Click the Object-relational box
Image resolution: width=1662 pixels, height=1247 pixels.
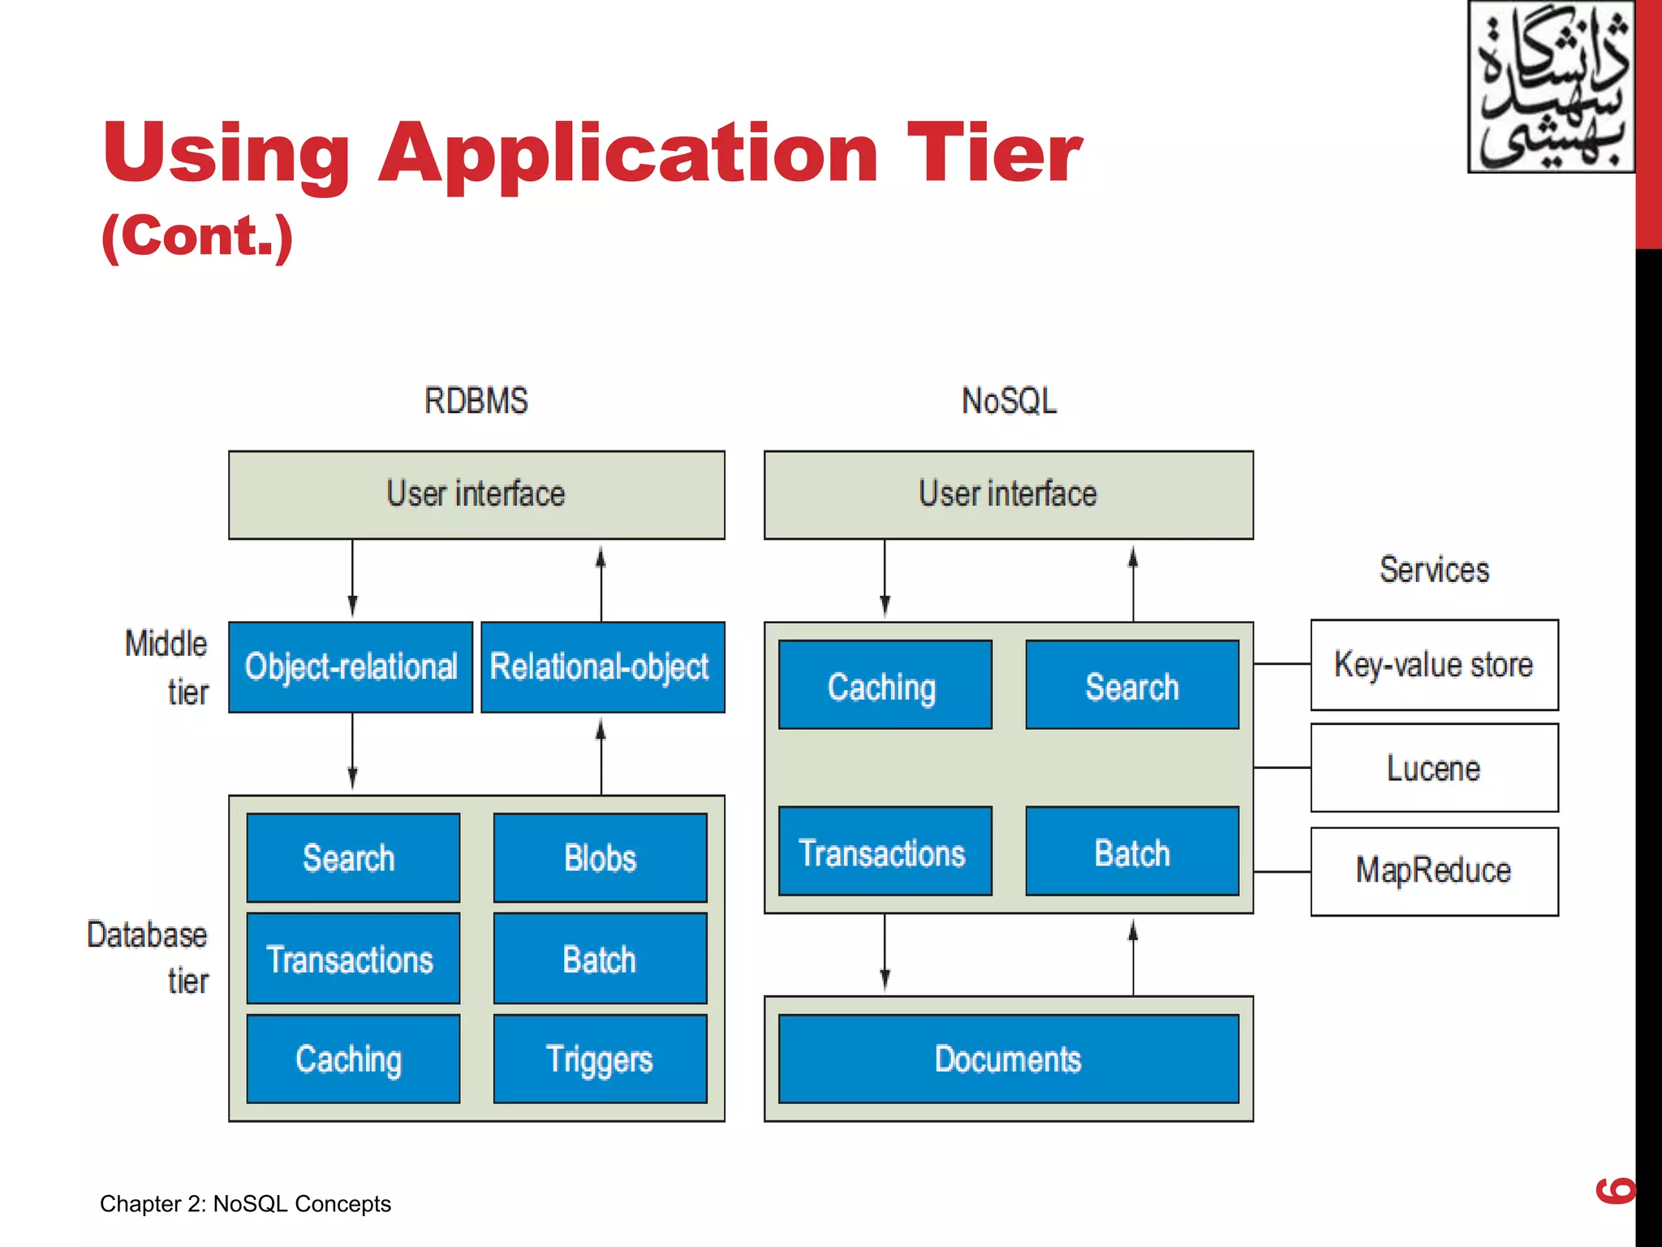(351, 667)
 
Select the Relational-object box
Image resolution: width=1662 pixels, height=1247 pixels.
(602, 667)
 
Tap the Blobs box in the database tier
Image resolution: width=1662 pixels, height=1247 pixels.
(600, 858)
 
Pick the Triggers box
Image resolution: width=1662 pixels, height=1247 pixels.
(600, 1059)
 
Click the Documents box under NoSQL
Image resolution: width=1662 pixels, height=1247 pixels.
(1008, 1059)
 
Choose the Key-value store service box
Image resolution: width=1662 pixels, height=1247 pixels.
(1434, 665)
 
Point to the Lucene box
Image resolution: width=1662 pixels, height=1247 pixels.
(1434, 768)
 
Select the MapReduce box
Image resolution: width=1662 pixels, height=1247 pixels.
(1434, 871)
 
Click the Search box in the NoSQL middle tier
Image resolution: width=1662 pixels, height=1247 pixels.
(1132, 685)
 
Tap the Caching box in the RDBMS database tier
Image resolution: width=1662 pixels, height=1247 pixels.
(352, 1059)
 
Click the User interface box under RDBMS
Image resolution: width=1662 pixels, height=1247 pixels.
(476, 494)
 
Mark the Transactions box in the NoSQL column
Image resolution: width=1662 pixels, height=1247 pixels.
(885, 852)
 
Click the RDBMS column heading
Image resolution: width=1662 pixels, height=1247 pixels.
(476, 401)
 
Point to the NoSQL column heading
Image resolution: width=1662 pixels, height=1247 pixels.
(1009, 401)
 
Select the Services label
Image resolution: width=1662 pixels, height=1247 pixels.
(1434, 570)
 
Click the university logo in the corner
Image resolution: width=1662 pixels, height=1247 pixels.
(1551, 88)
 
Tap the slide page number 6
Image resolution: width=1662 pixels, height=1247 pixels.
(1615, 1190)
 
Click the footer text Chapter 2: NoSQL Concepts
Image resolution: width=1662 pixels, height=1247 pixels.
(245, 1204)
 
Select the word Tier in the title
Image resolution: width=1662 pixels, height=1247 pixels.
(994, 153)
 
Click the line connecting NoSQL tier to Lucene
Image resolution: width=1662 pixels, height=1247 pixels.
(1282, 767)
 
